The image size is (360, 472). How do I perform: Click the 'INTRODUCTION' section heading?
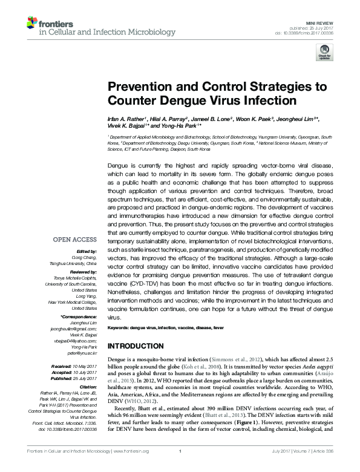tap(143, 346)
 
